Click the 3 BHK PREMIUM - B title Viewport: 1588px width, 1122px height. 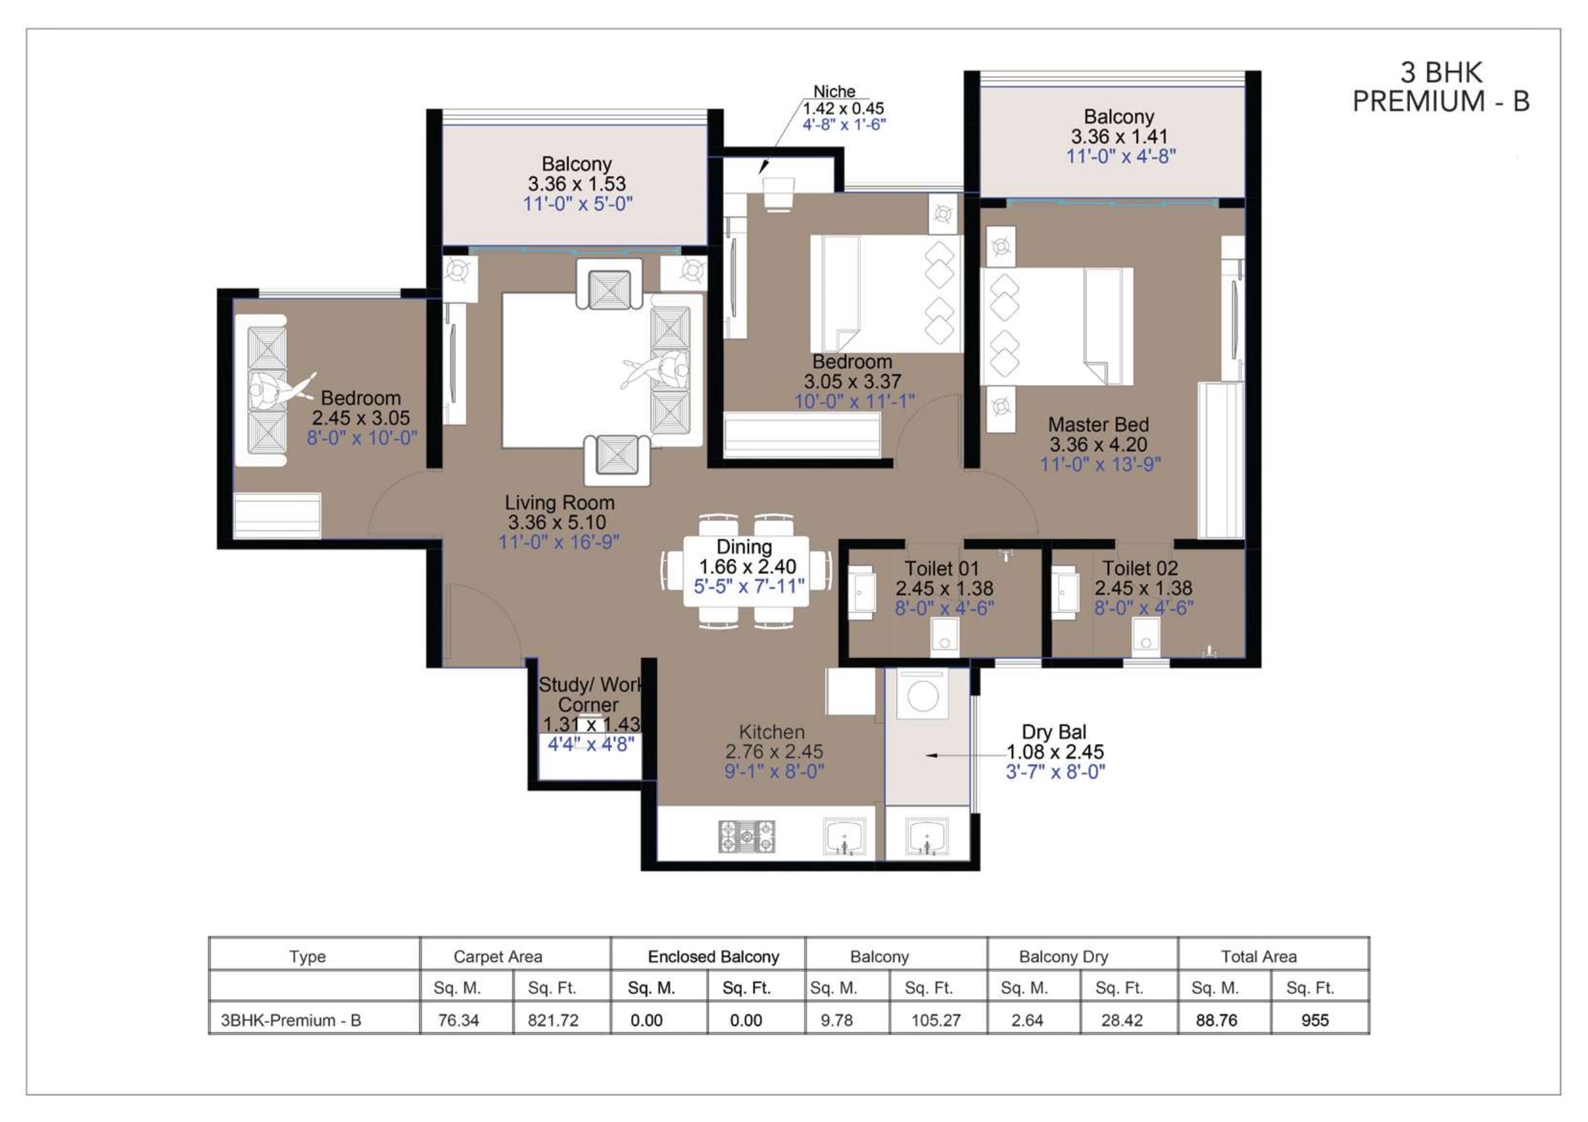1441,86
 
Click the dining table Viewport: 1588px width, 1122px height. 746,571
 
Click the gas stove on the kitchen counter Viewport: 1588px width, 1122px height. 747,837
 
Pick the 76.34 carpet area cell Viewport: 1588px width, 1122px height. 458,1020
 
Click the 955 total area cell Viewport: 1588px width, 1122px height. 1315,1020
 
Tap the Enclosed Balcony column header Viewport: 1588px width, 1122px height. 713,957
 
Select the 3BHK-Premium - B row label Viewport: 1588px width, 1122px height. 291,1020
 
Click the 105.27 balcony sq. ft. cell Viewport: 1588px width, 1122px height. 936,1020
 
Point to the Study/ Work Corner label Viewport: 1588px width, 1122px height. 590,695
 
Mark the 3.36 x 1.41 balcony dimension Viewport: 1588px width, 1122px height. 1119,137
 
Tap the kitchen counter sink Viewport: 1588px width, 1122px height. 844,837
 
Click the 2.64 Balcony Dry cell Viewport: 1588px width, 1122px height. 1027,1020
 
